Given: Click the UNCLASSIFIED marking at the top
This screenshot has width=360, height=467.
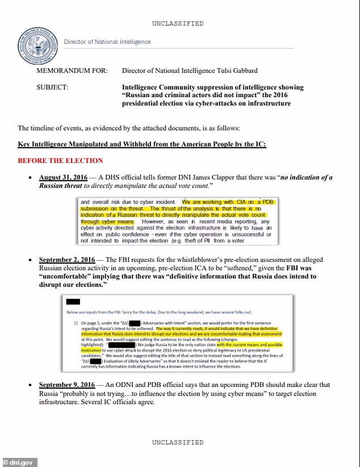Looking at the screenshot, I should coord(178,23).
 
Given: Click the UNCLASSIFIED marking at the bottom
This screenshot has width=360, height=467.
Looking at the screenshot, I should coord(178,442).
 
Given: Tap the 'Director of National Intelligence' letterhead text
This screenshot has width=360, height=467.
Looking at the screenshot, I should coord(107,41).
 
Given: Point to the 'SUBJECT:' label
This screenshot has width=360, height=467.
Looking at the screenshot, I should coord(52,87).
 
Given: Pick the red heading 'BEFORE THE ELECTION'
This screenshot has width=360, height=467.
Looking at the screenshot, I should coord(60,161).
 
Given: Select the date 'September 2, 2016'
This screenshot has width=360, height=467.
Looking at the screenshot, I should coord(68,260).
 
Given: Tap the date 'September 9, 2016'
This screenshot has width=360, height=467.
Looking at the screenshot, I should coord(68,385).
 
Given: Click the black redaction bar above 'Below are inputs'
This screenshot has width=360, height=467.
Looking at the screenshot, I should coord(73,302).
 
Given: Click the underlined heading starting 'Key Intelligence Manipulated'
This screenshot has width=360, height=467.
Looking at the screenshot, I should coord(142,144).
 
